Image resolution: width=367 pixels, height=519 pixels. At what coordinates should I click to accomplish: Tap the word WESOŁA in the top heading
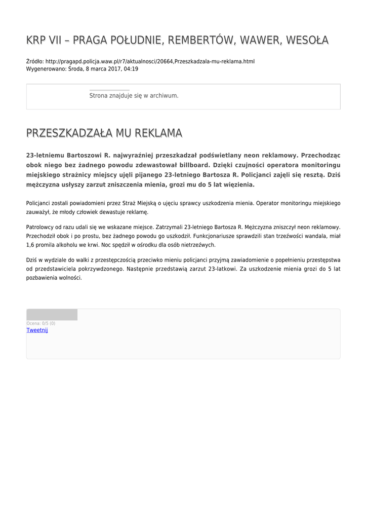pos(307,40)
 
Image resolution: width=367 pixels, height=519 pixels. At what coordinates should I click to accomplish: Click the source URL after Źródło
pos(150,61)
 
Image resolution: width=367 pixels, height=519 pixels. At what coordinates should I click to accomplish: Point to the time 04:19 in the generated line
pos(131,69)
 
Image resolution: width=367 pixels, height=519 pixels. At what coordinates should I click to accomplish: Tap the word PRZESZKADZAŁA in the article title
pos(69,133)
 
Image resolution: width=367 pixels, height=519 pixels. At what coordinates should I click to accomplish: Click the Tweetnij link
pos(37,330)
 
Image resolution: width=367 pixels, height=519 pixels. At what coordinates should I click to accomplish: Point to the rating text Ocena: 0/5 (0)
pos(41,323)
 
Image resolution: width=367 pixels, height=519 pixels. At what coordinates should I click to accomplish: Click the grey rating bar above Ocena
pos(52,315)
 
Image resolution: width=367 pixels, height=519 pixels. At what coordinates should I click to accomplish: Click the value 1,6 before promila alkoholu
pos(31,245)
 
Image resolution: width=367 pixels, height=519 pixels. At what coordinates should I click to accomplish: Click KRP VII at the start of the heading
pos(43,40)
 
